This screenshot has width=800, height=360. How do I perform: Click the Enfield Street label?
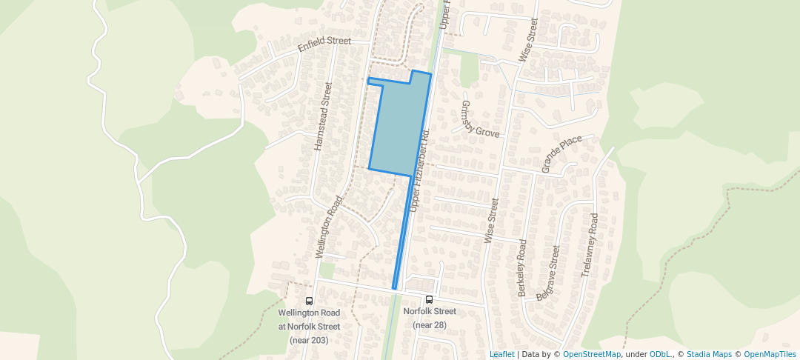click(x=324, y=44)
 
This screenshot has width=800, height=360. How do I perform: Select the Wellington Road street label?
click(x=330, y=227)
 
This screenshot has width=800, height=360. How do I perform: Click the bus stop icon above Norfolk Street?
click(x=430, y=300)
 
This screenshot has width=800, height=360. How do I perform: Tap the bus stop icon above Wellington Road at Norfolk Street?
click(x=309, y=301)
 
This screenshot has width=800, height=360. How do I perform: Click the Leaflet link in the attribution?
click(x=501, y=354)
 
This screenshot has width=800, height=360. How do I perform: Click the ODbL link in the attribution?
click(x=660, y=354)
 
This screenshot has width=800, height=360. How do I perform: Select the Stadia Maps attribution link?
click(x=709, y=354)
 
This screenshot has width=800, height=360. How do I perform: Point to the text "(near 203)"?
click(x=309, y=340)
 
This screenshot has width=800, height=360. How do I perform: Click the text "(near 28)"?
click(x=430, y=325)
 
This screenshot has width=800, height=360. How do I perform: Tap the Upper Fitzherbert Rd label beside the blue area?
click(x=420, y=167)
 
